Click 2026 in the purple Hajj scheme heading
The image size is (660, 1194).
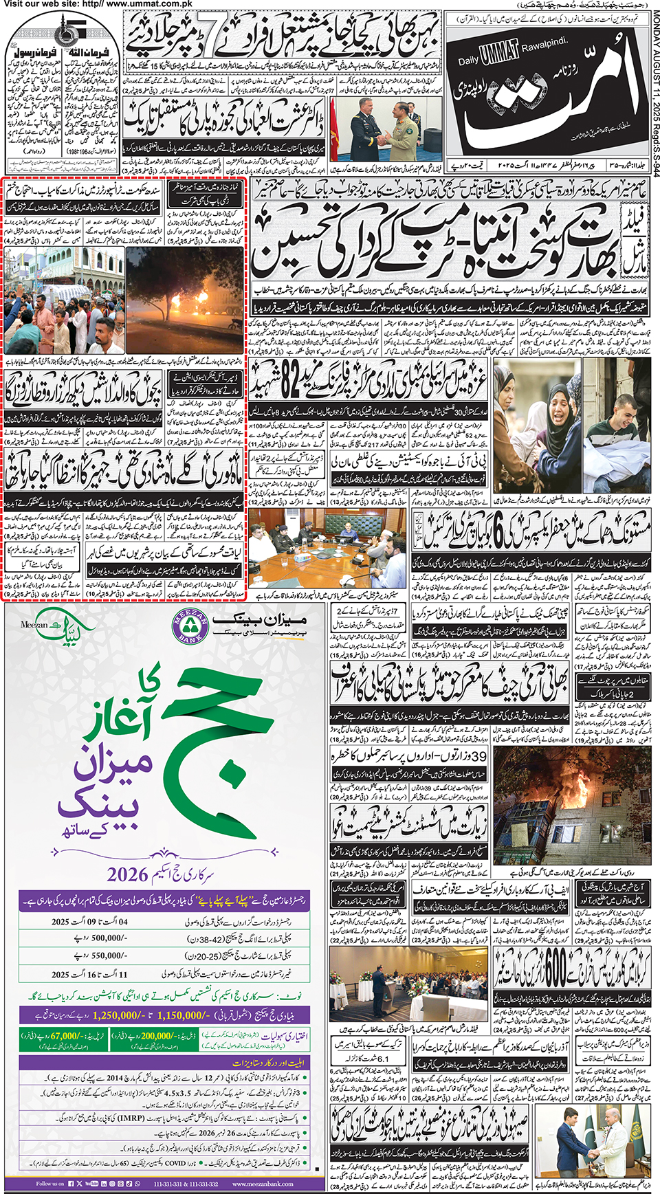tap(128, 874)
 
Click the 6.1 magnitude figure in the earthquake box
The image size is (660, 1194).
tap(377, 1059)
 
